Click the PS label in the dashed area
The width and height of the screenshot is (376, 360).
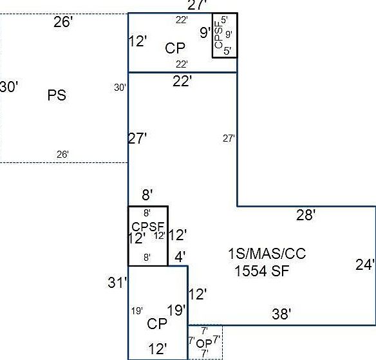57,95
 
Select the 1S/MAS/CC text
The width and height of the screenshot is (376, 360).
267,254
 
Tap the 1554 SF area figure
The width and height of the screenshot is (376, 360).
261,271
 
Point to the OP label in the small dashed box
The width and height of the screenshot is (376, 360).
204,344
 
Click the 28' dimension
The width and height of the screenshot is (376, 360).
306,214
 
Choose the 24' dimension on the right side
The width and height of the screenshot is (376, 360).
365,265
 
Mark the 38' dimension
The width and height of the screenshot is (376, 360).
281,314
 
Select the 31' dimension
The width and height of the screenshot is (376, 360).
117,282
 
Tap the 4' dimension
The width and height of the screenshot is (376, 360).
180,257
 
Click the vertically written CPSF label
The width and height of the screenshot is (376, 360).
219,35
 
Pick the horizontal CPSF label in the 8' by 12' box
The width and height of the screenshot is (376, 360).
148,227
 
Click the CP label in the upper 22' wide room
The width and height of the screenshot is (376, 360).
175,48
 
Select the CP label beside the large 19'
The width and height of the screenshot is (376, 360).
157,324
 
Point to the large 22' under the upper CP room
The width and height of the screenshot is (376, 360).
182,81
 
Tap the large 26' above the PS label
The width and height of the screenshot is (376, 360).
63,22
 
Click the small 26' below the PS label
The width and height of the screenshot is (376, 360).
62,155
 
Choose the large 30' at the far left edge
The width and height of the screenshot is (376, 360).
8,86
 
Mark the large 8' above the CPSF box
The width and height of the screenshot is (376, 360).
147,194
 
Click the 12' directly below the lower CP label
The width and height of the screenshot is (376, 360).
158,349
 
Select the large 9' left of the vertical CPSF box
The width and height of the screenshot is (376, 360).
205,32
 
